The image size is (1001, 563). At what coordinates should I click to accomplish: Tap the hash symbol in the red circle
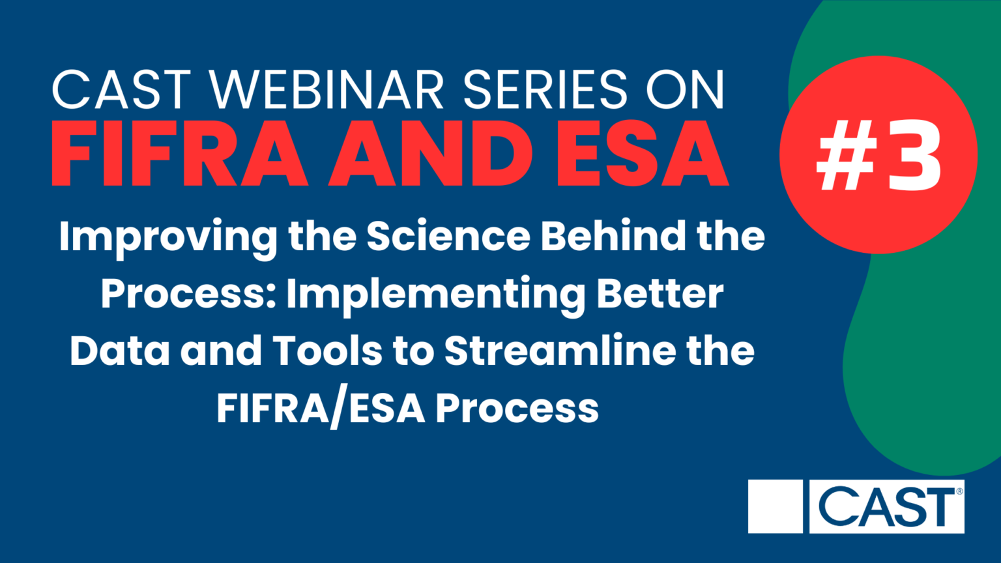[x=844, y=156]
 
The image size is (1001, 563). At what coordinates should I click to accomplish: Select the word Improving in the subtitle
[x=167, y=238]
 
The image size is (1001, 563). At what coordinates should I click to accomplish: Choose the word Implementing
[x=435, y=295]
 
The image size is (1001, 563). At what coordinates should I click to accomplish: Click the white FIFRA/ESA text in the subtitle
[x=321, y=409]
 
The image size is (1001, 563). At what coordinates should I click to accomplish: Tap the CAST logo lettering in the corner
[x=886, y=506]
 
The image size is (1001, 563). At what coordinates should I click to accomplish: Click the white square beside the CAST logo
[x=775, y=506]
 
